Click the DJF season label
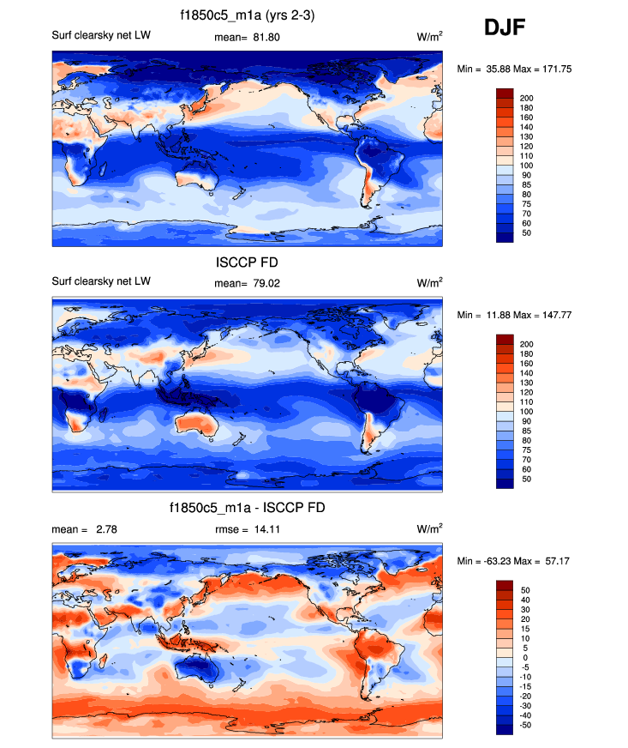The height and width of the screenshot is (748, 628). click(505, 28)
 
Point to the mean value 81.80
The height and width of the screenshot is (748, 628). click(264, 38)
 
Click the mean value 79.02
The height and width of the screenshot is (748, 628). click(264, 283)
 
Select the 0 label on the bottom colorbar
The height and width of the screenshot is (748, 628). click(523, 658)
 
